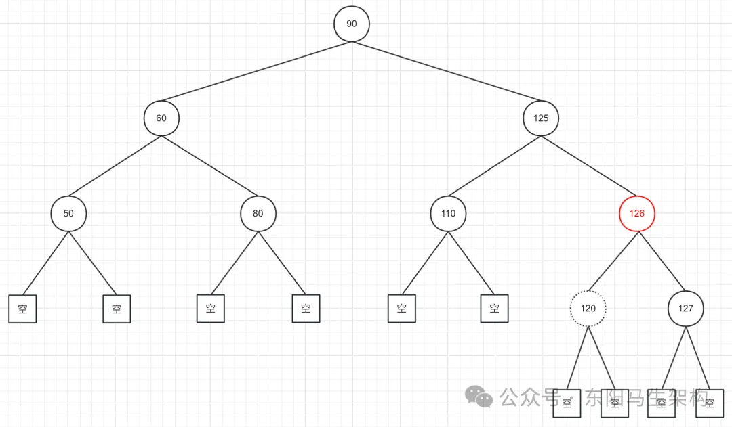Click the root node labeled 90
tap(351, 24)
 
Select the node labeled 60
tap(161, 118)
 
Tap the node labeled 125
tap(541, 118)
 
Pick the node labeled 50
tap(68, 213)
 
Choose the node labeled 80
tap(258, 213)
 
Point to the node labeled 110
tap(448, 213)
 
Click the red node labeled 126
tap(637, 213)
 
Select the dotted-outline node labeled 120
tap(588, 309)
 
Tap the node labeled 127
tap(686, 309)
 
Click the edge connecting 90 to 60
tap(256, 71)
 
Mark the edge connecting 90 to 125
tap(446, 71)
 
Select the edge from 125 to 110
tap(495, 166)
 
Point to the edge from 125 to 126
tap(589, 166)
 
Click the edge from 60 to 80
tap(209, 166)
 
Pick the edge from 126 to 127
tap(662, 261)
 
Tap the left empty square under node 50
tap(22, 309)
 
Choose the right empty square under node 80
tap(306, 309)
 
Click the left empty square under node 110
tap(402, 309)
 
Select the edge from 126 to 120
tap(613, 261)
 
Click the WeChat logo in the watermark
tap(480, 397)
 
